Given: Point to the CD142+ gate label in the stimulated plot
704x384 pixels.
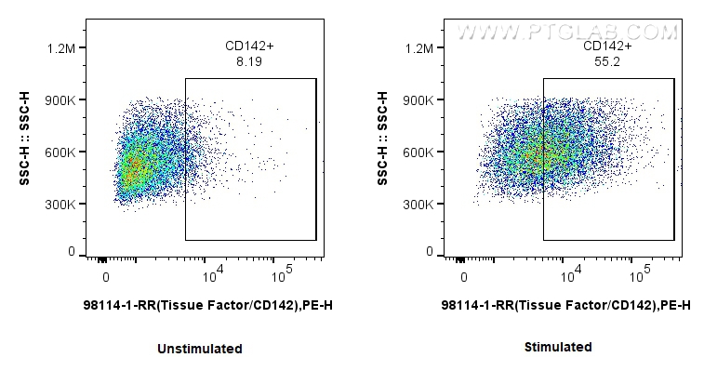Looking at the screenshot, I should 607,46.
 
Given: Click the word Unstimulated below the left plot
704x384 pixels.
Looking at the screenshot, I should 200,349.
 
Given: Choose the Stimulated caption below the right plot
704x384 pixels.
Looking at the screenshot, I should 558,347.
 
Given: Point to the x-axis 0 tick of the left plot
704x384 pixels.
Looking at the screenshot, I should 107,277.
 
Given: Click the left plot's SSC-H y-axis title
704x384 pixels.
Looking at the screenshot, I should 26,149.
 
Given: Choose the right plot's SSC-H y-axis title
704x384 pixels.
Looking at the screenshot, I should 383,149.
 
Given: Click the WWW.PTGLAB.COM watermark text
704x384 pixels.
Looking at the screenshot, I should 567,32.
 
